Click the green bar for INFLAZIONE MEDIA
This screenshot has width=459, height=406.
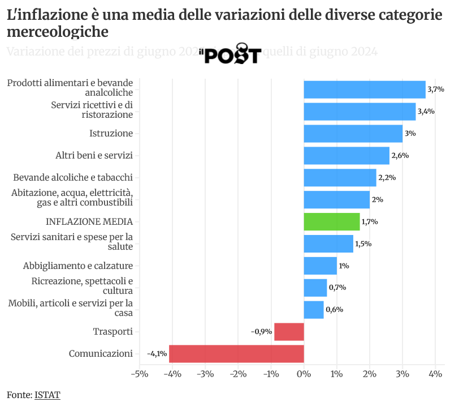tap(332, 221)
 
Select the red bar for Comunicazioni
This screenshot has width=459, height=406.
tap(236, 353)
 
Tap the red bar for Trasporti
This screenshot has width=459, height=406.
tap(289, 332)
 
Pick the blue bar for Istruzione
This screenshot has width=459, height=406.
tap(353, 134)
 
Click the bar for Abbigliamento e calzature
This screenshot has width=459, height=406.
tap(321, 266)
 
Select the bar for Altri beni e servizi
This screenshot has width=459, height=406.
tap(347, 156)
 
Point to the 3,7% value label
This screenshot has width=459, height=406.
tap(436, 89)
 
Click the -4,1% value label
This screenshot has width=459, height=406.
tap(157, 354)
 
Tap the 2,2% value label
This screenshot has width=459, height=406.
tap(387, 178)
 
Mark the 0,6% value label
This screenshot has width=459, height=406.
tap(335, 310)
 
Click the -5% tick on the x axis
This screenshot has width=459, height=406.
tap(139, 374)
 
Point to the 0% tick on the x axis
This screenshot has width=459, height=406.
tap(304, 374)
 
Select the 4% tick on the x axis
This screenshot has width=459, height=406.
tap(435, 374)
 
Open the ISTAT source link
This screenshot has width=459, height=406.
tap(47, 395)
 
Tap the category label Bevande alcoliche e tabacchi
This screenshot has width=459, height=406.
tap(73, 177)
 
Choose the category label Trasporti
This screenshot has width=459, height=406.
tap(113, 332)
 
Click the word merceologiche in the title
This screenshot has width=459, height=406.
tap(58, 31)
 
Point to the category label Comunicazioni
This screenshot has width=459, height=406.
tap(101, 354)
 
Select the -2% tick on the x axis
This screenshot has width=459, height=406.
tap(237, 374)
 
